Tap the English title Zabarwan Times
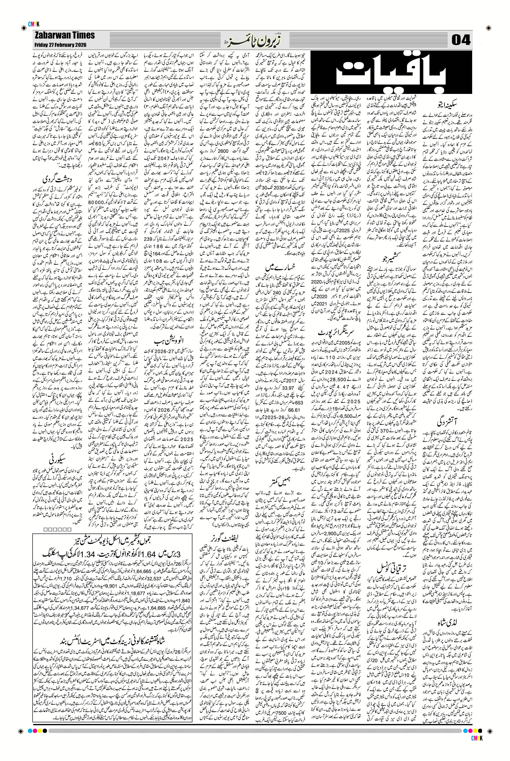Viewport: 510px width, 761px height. pos(64,35)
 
